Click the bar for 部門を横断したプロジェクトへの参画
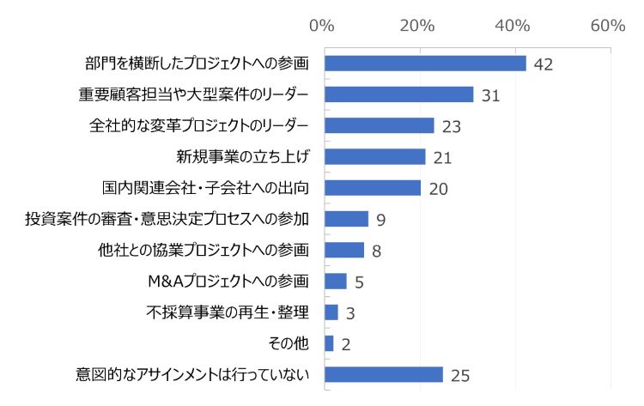(x=425, y=64)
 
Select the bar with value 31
(x=399, y=94)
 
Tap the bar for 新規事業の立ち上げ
(x=375, y=157)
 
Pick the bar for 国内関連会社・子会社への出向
(x=373, y=188)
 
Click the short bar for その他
(x=330, y=343)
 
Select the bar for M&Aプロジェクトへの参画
(x=336, y=282)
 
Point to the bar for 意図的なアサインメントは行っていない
(x=384, y=375)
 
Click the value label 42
(x=543, y=64)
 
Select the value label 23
(x=452, y=127)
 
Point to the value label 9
(x=380, y=220)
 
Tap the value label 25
(x=461, y=376)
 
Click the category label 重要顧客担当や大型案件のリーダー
(x=194, y=94)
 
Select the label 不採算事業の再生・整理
(x=228, y=312)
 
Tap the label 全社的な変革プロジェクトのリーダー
(x=199, y=125)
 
